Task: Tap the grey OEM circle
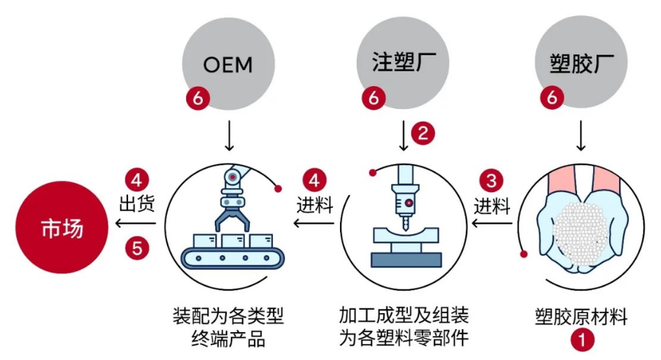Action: point(227,64)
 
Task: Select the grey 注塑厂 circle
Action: point(405,64)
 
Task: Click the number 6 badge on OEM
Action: point(197,99)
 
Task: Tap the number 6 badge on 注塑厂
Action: point(374,99)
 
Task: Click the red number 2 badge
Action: point(422,133)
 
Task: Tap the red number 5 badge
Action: point(137,247)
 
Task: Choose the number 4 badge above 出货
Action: point(137,180)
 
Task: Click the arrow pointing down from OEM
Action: point(228,137)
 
